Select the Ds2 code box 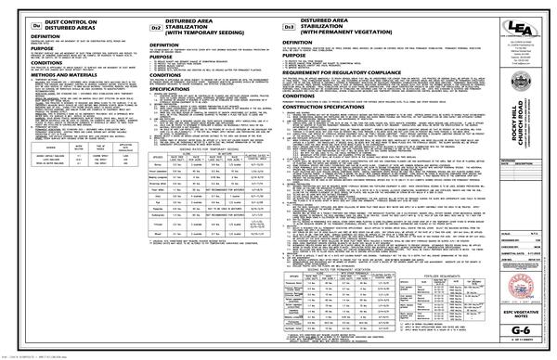pos(156,30)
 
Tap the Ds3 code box pos(290,30)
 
